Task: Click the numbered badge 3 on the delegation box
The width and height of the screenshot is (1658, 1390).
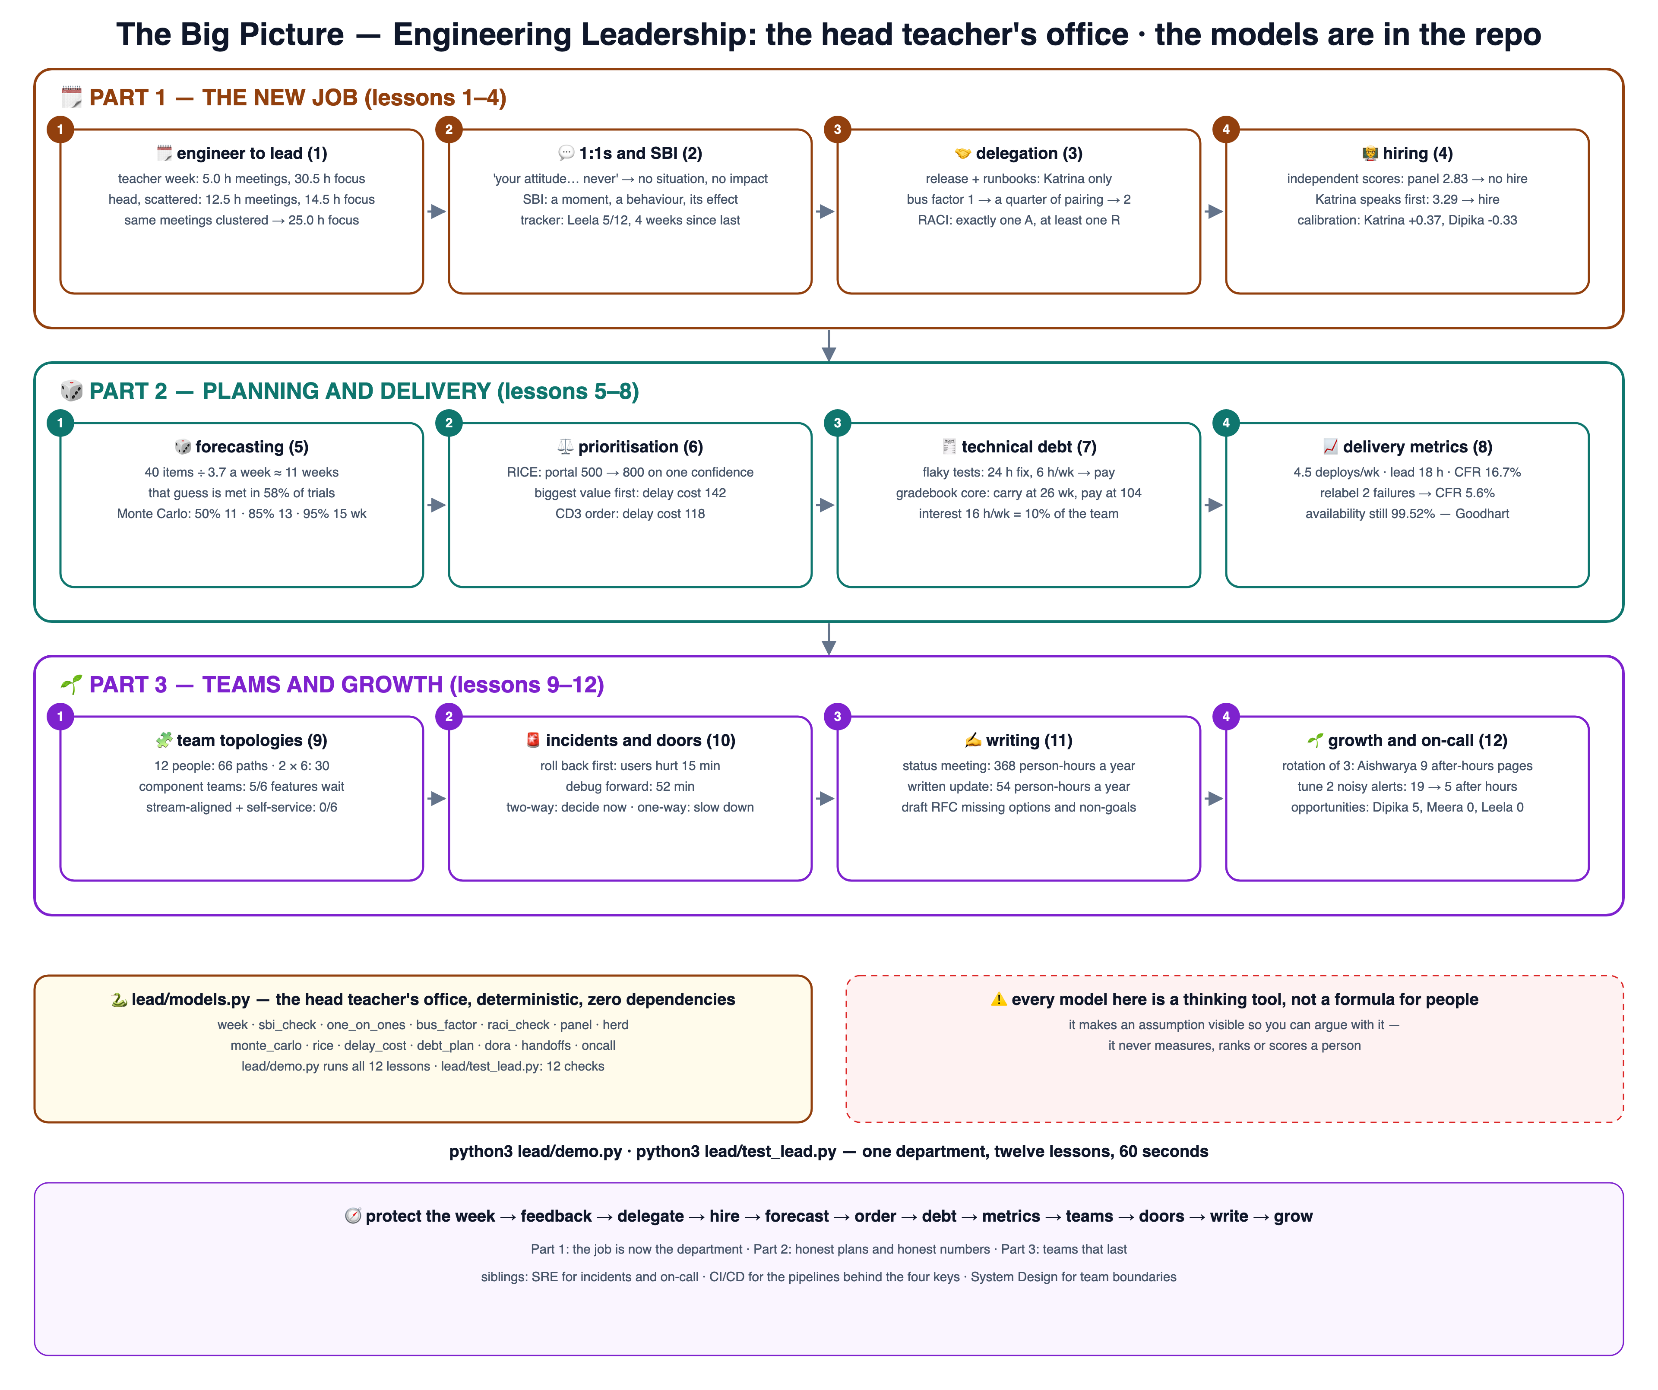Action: pos(838,130)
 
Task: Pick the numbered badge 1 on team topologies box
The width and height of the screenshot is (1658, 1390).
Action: pos(60,717)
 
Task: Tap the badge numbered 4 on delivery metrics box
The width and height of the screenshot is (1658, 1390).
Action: pos(1226,423)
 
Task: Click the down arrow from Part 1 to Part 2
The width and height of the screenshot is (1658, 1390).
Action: pos(829,345)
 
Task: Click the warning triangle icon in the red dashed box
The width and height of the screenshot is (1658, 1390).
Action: pos(999,999)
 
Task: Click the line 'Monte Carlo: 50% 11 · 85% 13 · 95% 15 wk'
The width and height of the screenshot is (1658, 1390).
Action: pos(242,514)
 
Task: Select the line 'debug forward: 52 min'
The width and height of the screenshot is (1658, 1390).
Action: pos(630,787)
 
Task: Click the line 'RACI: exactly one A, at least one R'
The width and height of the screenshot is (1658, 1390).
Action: pos(1019,220)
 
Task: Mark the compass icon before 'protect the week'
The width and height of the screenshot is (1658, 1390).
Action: pos(353,1216)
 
